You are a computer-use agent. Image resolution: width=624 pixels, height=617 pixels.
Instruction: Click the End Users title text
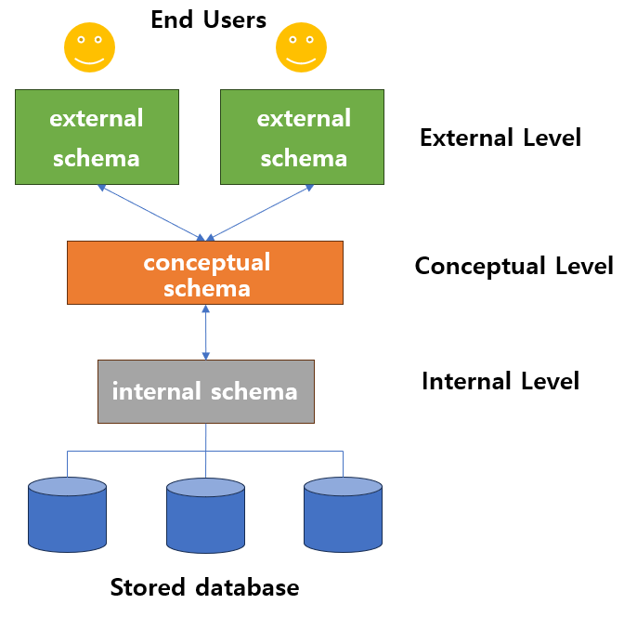pos(208,20)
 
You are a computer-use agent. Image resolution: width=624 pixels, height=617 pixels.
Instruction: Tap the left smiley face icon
pos(89,47)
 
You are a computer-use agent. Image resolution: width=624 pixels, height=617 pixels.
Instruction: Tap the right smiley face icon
pos(303,47)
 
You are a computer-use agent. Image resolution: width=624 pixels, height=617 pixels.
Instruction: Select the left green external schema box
pos(96,137)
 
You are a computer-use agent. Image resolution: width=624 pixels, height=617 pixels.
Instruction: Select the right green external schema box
pos(302,137)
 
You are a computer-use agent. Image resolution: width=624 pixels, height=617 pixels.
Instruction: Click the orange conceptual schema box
pos(205,272)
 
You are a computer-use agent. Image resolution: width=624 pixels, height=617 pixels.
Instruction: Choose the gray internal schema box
pos(205,391)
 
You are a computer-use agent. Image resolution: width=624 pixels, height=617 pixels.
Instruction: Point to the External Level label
pos(500,138)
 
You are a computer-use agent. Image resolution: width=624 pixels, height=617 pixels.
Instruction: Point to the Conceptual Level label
pos(513,266)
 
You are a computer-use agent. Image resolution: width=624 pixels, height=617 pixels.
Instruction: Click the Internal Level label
pos(500,381)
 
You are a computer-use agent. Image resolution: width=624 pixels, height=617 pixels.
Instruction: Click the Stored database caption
pos(204,587)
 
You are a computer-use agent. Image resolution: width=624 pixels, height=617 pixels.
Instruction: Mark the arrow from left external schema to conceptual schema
pos(150,212)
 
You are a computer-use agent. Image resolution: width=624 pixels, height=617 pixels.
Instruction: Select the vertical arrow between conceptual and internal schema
pos(205,332)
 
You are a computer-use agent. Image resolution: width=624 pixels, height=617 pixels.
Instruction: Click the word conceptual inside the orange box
pos(206,262)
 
